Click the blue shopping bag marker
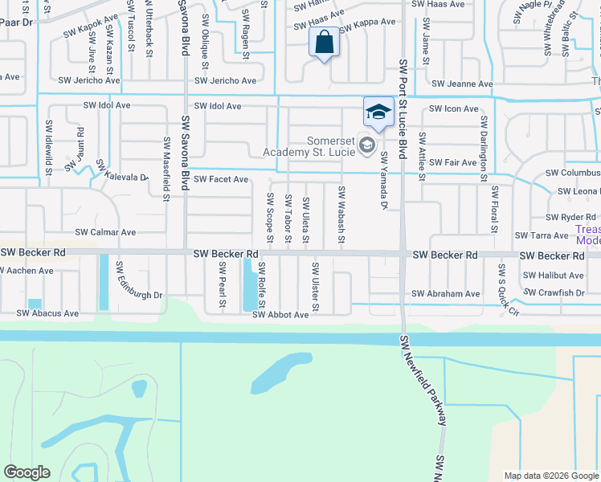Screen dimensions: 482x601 click(x=323, y=43)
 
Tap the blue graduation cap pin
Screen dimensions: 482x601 click(x=378, y=112)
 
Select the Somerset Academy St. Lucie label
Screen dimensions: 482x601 click(x=309, y=145)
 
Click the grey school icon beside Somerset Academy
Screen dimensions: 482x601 click(x=367, y=145)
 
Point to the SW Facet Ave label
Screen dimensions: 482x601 click(x=221, y=179)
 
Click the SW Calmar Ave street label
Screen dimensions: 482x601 click(x=105, y=232)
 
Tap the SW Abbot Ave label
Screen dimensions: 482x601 click(x=280, y=315)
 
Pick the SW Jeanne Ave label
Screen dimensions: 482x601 click(x=462, y=84)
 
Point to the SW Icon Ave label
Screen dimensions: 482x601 click(x=454, y=108)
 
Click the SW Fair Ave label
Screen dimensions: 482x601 click(x=452, y=162)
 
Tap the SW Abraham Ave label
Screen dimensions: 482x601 click(x=445, y=294)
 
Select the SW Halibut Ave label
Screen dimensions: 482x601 click(x=553, y=275)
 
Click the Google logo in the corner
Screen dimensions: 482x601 click(x=27, y=472)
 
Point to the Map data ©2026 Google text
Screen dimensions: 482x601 click(x=550, y=476)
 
